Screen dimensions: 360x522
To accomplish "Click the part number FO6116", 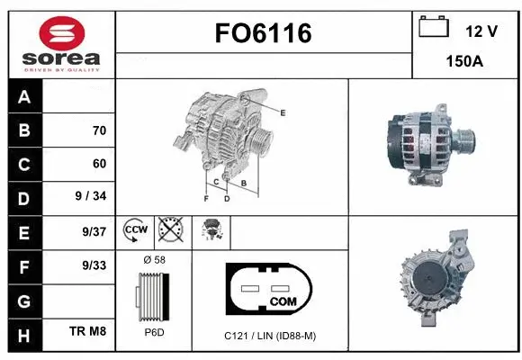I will pos(263,34).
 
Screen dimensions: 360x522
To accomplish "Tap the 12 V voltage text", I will pos(481,31).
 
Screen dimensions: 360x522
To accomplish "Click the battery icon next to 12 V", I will pos(434,28).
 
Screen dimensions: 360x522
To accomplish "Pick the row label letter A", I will pos(24,96).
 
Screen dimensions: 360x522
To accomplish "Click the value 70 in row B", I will pos(99,130).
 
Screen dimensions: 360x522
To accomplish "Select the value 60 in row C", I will pos(99,164).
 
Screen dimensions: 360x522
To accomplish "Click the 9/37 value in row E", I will pos(94,231).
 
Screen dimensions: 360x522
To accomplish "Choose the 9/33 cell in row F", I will pos(94,265).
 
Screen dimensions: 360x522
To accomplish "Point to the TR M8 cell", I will pos(89,332).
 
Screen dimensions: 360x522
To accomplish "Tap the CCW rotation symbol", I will pos(134,230).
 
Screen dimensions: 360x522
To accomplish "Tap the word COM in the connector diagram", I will pos(283,301).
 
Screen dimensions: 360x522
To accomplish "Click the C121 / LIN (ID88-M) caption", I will pos(271,336).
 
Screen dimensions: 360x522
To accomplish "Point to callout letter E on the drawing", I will pos(283,112).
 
